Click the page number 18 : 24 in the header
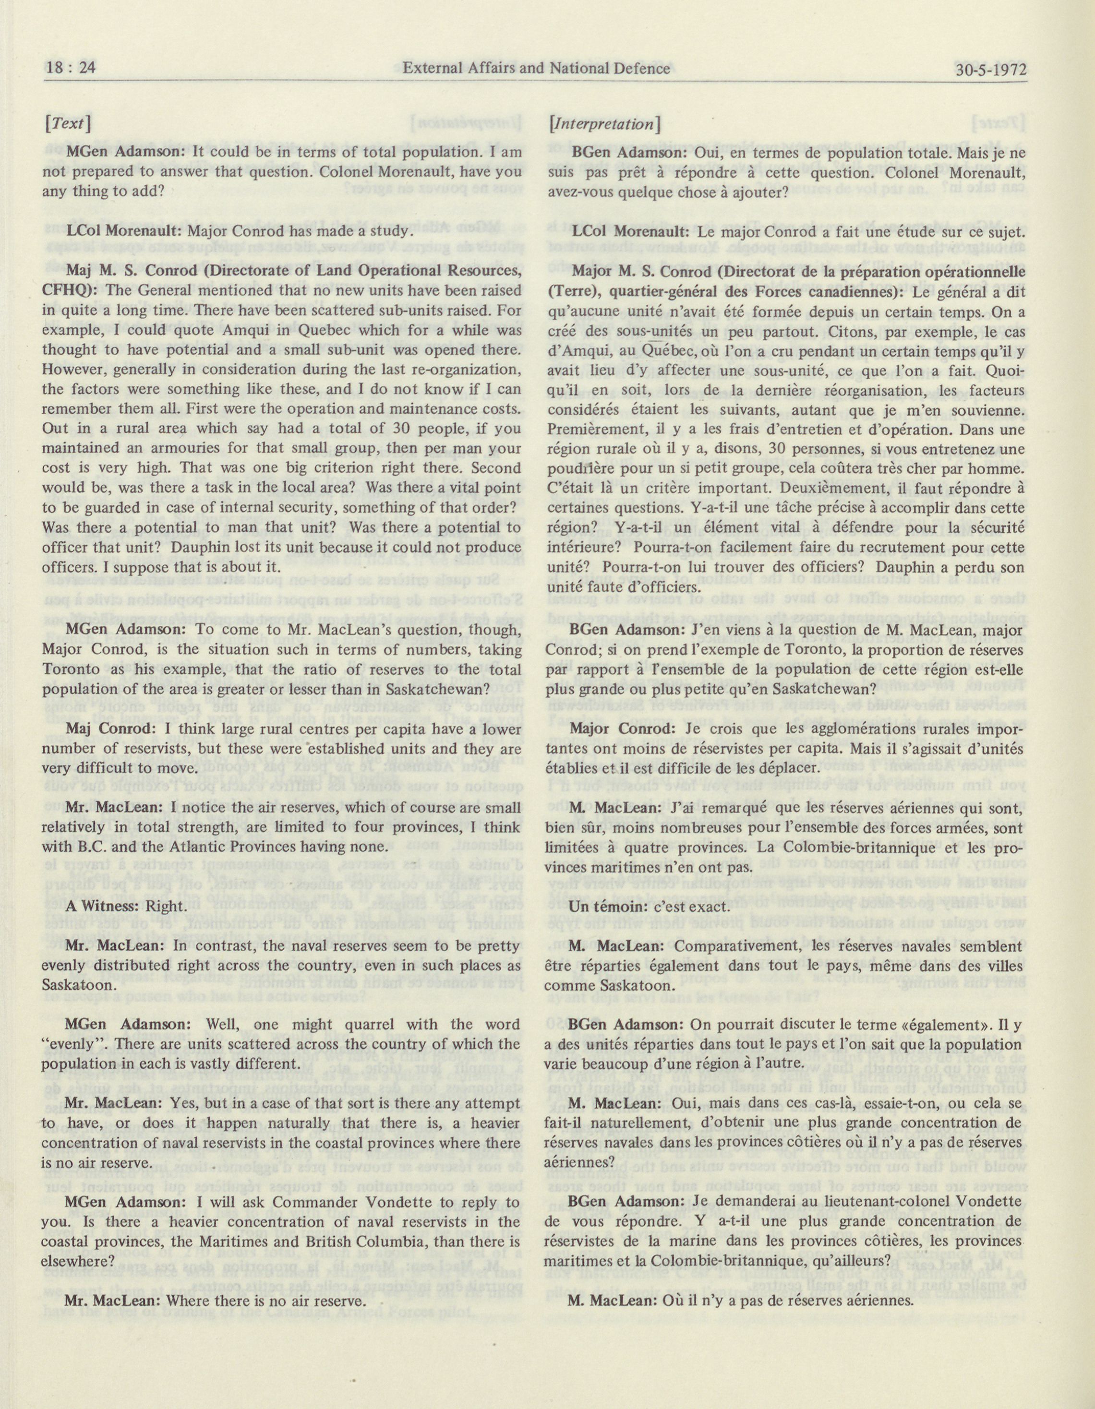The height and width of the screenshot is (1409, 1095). tap(70, 68)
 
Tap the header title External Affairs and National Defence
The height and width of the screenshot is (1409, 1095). tap(536, 68)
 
